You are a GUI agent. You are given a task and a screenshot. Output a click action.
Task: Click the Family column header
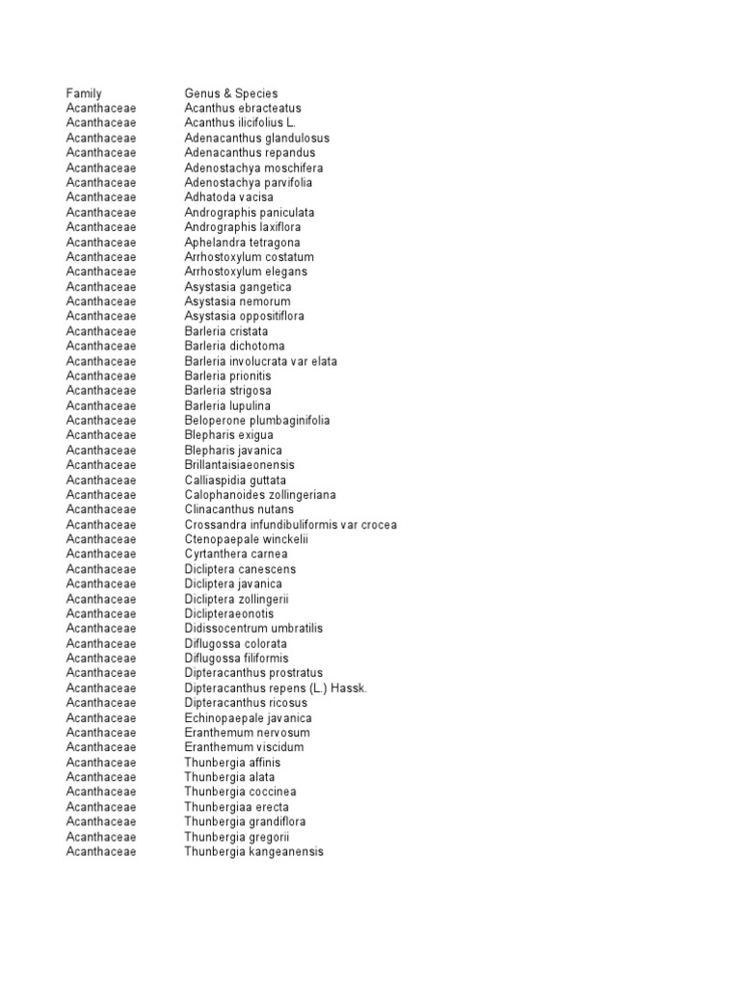point(84,93)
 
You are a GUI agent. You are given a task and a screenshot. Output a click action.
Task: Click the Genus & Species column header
point(231,93)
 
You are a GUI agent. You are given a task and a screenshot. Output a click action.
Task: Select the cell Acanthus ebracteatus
point(243,109)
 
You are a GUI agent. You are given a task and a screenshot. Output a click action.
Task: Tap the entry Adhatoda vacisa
point(229,197)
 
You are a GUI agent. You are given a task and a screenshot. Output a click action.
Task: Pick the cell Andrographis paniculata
point(250,213)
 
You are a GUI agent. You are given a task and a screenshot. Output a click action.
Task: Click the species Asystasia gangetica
point(238,287)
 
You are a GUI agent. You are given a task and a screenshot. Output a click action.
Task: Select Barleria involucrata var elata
point(261,361)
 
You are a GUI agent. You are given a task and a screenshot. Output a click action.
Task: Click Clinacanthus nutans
point(240,509)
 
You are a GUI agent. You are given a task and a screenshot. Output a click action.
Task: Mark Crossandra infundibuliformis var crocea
point(291,525)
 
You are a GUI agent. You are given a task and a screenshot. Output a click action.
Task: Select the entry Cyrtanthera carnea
point(236,555)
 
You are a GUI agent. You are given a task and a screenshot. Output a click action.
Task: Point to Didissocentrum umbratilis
point(254,629)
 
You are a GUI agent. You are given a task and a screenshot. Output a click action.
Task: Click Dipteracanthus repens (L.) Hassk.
point(277,688)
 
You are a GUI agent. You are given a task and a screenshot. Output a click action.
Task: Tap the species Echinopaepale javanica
point(249,718)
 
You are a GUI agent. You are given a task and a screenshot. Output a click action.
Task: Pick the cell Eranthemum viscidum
point(244,747)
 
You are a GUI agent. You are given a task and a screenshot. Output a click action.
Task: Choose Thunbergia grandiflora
point(245,821)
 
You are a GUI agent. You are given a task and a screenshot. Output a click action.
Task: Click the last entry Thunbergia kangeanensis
point(254,851)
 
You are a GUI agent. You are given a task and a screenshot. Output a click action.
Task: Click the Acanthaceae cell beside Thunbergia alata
point(101,777)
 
